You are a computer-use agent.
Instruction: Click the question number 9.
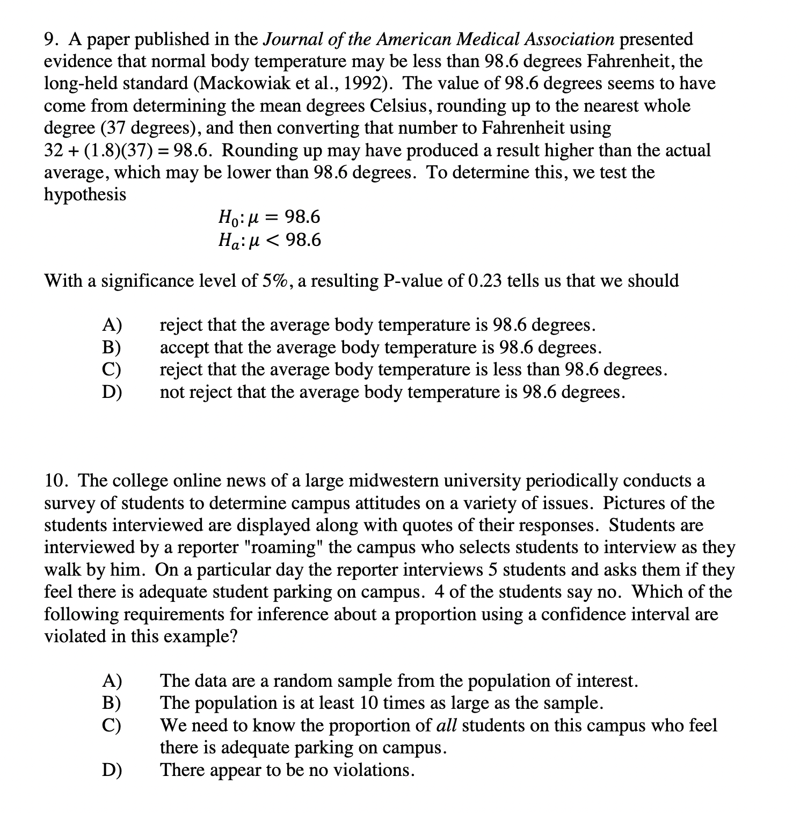pos(50,39)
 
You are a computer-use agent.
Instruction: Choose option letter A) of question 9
pos(112,325)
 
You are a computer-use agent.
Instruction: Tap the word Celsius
pos(400,106)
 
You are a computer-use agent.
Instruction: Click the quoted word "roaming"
pos(283,548)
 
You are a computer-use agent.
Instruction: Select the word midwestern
pos(392,481)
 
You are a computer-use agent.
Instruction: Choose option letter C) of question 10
pos(112,726)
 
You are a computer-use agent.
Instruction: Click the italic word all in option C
pos(446,726)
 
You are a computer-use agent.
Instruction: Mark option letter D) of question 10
pos(112,771)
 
